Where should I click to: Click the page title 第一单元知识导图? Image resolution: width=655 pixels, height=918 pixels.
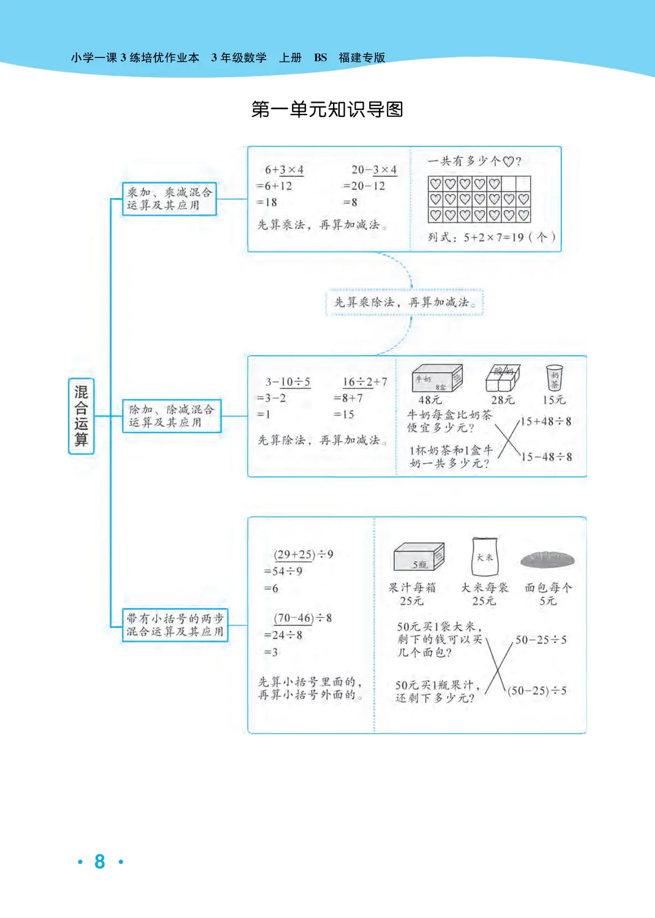(x=327, y=110)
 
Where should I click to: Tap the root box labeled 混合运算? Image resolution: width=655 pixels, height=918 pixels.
(x=81, y=416)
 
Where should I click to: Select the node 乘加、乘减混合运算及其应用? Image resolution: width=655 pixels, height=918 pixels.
(x=170, y=199)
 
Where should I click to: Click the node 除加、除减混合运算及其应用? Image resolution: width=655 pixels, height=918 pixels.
(x=171, y=416)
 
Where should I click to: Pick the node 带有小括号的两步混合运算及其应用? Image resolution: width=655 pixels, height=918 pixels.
(x=175, y=625)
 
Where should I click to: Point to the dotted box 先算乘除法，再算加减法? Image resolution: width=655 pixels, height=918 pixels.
(x=405, y=302)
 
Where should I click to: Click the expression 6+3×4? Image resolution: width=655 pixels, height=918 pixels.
(x=284, y=170)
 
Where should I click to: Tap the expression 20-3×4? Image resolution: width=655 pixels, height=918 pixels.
(x=373, y=170)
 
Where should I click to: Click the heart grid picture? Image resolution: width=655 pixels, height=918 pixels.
(x=479, y=200)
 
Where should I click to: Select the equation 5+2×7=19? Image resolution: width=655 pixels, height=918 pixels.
(x=493, y=237)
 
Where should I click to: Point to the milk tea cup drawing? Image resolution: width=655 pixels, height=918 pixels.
(x=554, y=378)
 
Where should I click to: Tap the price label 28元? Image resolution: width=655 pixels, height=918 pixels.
(x=503, y=400)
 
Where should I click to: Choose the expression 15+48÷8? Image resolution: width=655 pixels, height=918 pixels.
(x=545, y=422)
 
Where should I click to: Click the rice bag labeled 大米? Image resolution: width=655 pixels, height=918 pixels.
(x=484, y=556)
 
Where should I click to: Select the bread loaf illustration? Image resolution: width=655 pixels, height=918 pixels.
(x=548, y=559)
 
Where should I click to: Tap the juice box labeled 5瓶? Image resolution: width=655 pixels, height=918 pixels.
(x=419, y=558)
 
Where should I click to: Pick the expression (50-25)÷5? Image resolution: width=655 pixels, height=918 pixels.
(x=537, y=691)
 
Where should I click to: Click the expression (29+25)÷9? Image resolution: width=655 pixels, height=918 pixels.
(x=304, y=554)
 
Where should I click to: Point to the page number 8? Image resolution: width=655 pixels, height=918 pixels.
(x=100, y=862)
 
